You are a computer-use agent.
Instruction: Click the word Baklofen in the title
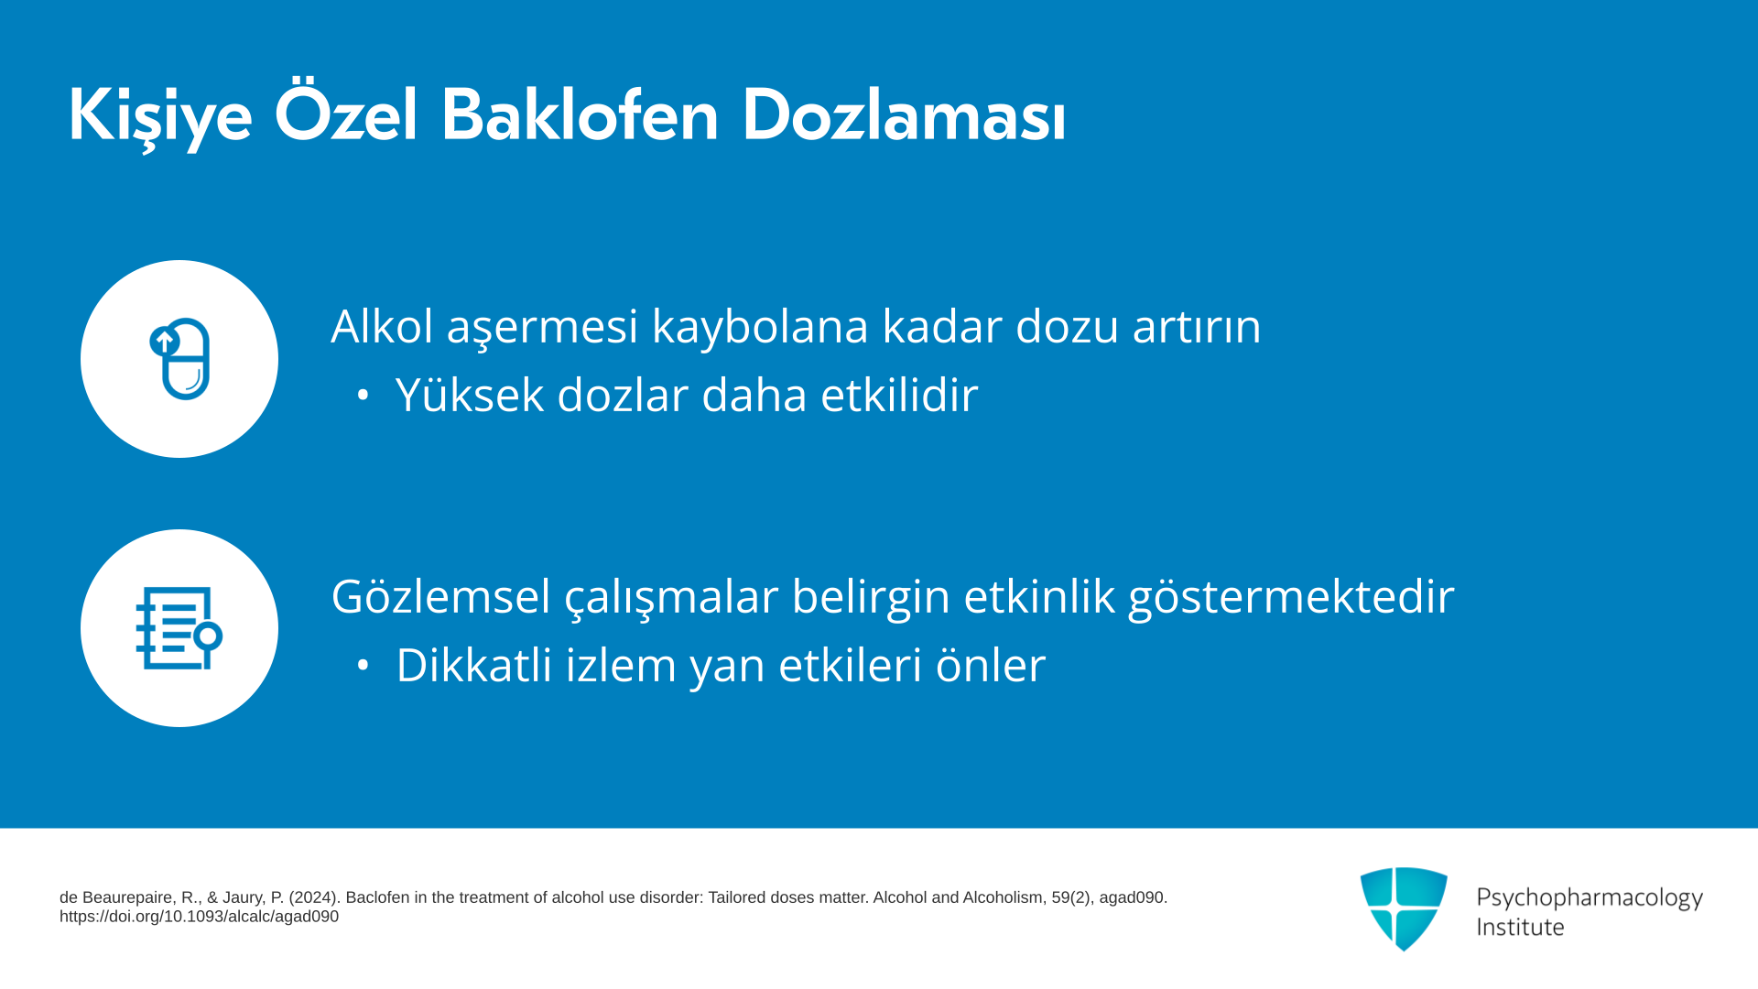581,115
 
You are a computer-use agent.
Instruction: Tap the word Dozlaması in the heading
904,115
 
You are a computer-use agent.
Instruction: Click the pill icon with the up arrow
179,359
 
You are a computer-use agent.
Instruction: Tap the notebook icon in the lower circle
179,628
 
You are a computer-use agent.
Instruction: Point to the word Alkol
382,326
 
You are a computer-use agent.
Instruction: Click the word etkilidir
899,395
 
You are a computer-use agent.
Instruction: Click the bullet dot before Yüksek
363,396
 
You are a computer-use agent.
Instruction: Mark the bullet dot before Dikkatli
363,666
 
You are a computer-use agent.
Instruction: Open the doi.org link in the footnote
199,917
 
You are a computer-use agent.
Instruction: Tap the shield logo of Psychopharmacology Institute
1404,908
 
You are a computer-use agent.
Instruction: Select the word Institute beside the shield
1520,927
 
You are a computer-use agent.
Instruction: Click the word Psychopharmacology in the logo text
1590,898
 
